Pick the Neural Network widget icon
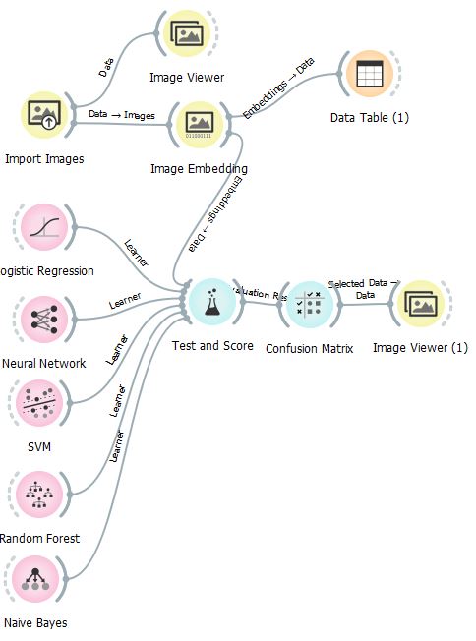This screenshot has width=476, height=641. click(x=42, y=320)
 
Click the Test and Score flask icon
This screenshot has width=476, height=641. click(x=211, y=303)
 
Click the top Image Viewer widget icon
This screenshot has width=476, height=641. click(x=186, y=34)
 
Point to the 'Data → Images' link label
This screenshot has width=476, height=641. click(x=122, y=115)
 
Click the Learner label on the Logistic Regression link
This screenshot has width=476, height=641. click(x=137, y=252)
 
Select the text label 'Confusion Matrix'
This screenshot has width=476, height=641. click(x=310, y=348)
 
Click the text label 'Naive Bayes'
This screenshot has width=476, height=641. click(x=35, y=622)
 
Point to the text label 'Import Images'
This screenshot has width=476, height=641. click(x=44, y=158)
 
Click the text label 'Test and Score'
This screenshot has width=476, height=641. click(x=211, y=346)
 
